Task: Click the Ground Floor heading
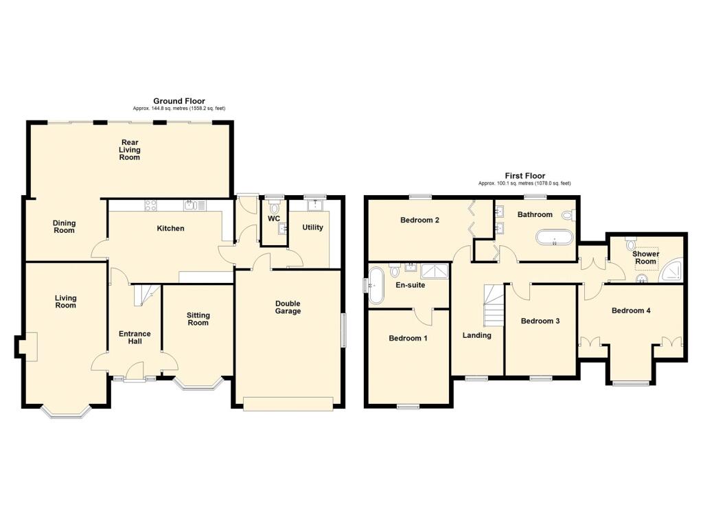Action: pyautogui.click(x=179, y=101)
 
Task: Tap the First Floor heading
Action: pyautogui.click(x=525, y=176)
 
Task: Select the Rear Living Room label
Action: pyautogui.click(x=130, y=150)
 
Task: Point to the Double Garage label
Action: pyautogui.click(x=288, y=307)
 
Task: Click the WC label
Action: pyautogui.click(x=274, y=218)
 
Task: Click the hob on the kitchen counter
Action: pyautogui.click(x=150, y=205)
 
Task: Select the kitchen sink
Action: pyautogui.click(x=194, y=205)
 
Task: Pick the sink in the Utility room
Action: pyautogui.click(x=316, y=205)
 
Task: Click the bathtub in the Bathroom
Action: pyautogui.click(x=555, y=238)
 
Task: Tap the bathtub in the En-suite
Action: pyautogui.click(x=376, y=286)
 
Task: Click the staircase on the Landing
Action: pyautogui.click(x=494, y=306)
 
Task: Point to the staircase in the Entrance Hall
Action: pyautogui.click(x=147, y=295)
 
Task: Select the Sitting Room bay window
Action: pyautogui.click(x=198, y=384)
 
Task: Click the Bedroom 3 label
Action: pyautogui.click(x=540, y=321)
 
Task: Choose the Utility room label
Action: pyautogui.click(x=312, y=227)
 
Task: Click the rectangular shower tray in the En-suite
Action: pyautogui.click(x=435, y=271)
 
